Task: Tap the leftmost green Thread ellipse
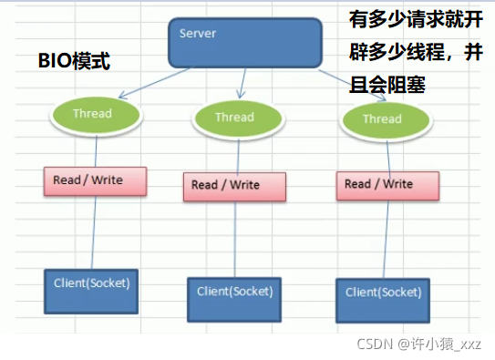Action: click(95, 114)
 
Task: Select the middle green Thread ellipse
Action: click(234, 118)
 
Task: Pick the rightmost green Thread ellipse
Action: click(381, 119)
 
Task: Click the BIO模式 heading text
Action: click(73, 62)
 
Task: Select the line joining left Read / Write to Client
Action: click(90, 232)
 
